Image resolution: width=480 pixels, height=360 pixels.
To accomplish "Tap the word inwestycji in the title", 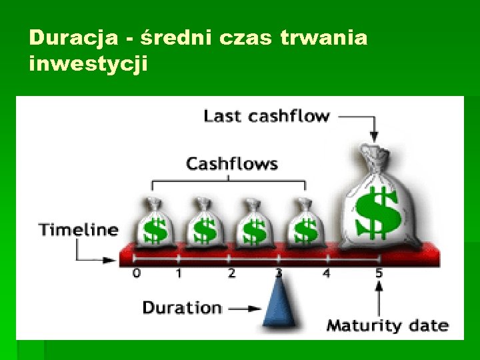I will click(88, 65).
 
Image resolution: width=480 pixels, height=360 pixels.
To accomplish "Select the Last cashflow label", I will click(267, 116).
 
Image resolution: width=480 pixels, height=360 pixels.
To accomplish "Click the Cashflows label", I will click(231, 163).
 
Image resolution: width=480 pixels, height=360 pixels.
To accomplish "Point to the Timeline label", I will click(79, 230).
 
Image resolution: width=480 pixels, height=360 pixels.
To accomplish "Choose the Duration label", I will click(181, 307).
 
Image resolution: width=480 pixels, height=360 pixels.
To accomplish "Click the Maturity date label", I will click(387, 325).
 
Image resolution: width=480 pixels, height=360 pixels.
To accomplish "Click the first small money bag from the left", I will click(154, 223).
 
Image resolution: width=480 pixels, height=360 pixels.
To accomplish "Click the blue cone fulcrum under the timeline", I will click(280, 300).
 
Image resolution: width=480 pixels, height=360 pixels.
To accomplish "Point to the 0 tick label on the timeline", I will click(136, 273).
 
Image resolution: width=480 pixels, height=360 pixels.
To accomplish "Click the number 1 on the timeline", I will click(179, 273).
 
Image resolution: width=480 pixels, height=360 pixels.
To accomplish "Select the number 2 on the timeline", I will click(231, 273).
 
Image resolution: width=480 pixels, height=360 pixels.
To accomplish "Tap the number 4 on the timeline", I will click(326, 273).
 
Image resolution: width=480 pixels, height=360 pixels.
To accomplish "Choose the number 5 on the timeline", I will click(379, 273).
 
